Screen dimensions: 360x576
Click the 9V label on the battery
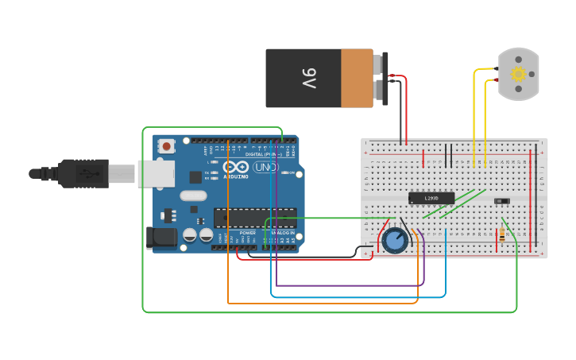tap(309, 78)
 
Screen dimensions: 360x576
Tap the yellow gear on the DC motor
tap(518, 74)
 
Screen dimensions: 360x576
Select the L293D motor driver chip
tap(431, 198)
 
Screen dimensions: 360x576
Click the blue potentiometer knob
tap(395, 241)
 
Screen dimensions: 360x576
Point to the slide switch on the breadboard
tap(502, 201)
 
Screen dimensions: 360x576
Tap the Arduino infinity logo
tap(236, 167)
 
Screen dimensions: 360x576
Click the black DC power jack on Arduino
tap(160, 238)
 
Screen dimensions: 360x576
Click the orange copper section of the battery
tap(357, 78)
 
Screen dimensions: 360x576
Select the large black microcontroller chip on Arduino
tap(254, 217)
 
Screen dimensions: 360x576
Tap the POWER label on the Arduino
tap(248, 233)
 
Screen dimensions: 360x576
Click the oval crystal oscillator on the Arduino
tap(193, 195)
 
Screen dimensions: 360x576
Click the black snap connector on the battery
tap(385, 78)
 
